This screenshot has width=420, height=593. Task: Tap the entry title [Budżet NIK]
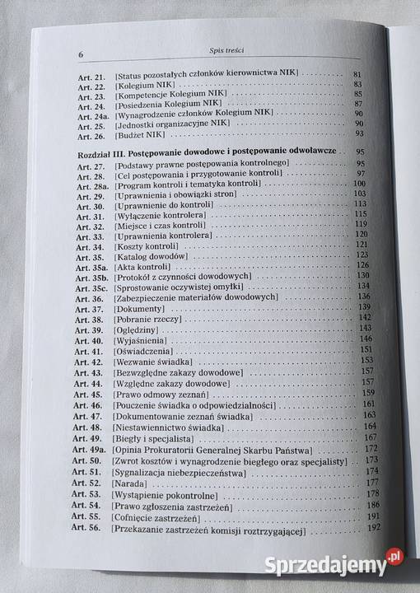click(142, 133)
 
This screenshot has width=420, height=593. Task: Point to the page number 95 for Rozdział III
click(360, 152)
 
